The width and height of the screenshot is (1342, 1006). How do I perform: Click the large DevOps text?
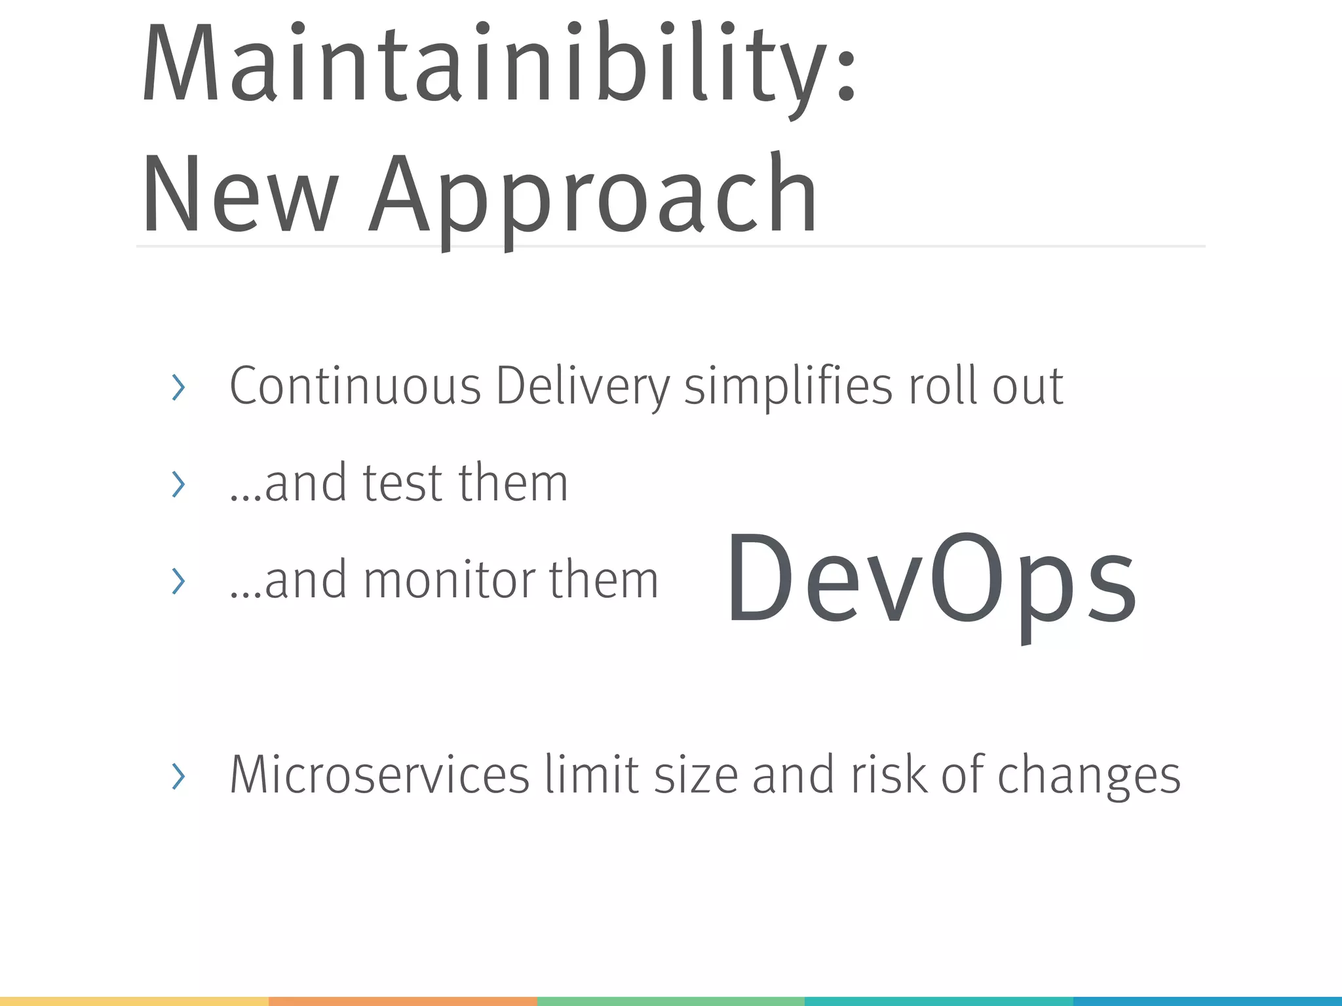click(x=930, y=580)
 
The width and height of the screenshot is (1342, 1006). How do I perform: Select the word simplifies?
click(x=788, y=386)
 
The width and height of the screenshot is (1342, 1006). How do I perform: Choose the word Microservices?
click(x=379, y=775)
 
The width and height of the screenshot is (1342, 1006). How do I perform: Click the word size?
click(x=696, y=775)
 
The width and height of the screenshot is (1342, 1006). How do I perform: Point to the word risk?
click(x=889, y=775)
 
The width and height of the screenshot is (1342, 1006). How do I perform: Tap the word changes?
click(x=1088, y=776)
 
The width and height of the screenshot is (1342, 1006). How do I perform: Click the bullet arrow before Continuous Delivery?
click(x=178, y=388)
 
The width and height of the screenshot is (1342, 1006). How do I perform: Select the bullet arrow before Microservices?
click(x=178, y=777)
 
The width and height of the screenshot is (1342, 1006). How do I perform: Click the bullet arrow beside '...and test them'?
click(x=178, y=485)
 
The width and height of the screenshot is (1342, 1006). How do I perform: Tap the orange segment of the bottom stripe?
click(x=402, y=1001)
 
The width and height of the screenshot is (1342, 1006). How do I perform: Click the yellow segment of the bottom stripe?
click(x=134, y=1001)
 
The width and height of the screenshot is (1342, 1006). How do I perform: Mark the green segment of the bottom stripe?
click(x=670, y=1001)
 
